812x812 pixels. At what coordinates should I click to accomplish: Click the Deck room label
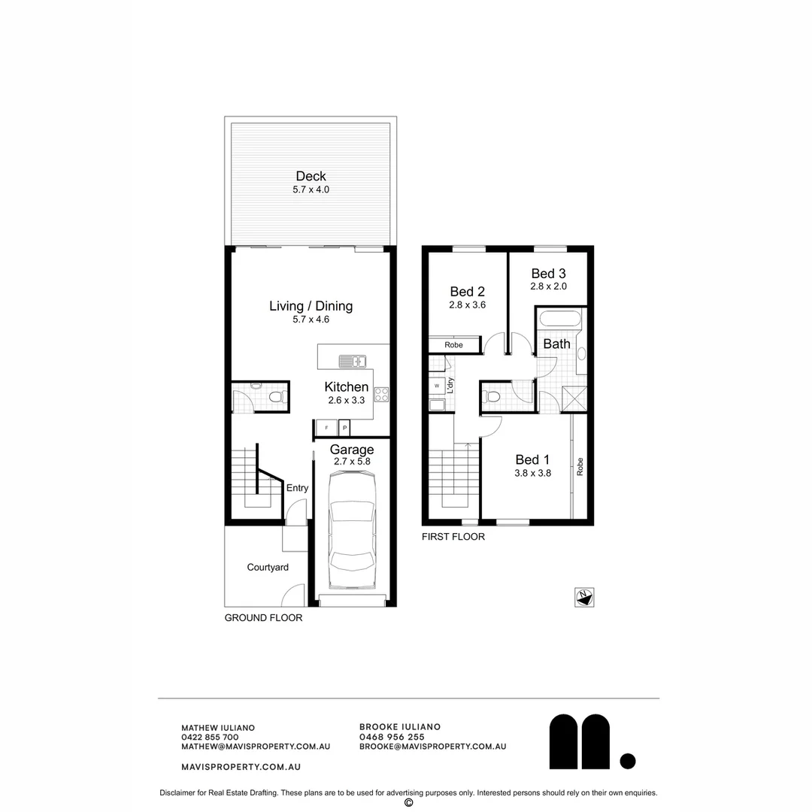pos(311,177)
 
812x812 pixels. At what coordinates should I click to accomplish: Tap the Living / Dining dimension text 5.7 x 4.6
pos(311,320)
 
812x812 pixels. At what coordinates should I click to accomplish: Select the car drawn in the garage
pos(352,535)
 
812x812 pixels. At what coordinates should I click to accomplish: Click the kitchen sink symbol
pos(351,361)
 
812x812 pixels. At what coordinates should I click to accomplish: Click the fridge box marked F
pos(326,428)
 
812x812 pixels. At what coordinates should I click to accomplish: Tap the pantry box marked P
pos(344,428)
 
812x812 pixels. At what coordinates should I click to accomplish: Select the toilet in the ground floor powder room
pos(275,396)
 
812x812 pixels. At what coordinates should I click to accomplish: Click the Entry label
pos(297,488)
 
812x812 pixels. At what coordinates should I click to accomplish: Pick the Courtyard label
pos(268,568)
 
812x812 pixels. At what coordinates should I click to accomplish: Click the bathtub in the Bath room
pos(559,319)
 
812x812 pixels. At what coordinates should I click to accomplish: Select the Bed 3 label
pos(547,274)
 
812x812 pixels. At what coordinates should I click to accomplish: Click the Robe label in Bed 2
pos(453,345)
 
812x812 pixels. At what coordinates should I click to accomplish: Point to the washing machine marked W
pos(437,386)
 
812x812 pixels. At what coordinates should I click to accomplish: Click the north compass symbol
pos(584,598)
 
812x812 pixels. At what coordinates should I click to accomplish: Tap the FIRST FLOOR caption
pos(453,537)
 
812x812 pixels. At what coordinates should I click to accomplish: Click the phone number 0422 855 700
pos(210,738)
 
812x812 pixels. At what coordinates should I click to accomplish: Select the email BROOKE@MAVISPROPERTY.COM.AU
pos(432,747)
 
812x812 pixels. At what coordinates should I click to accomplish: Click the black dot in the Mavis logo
pos(628,761)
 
